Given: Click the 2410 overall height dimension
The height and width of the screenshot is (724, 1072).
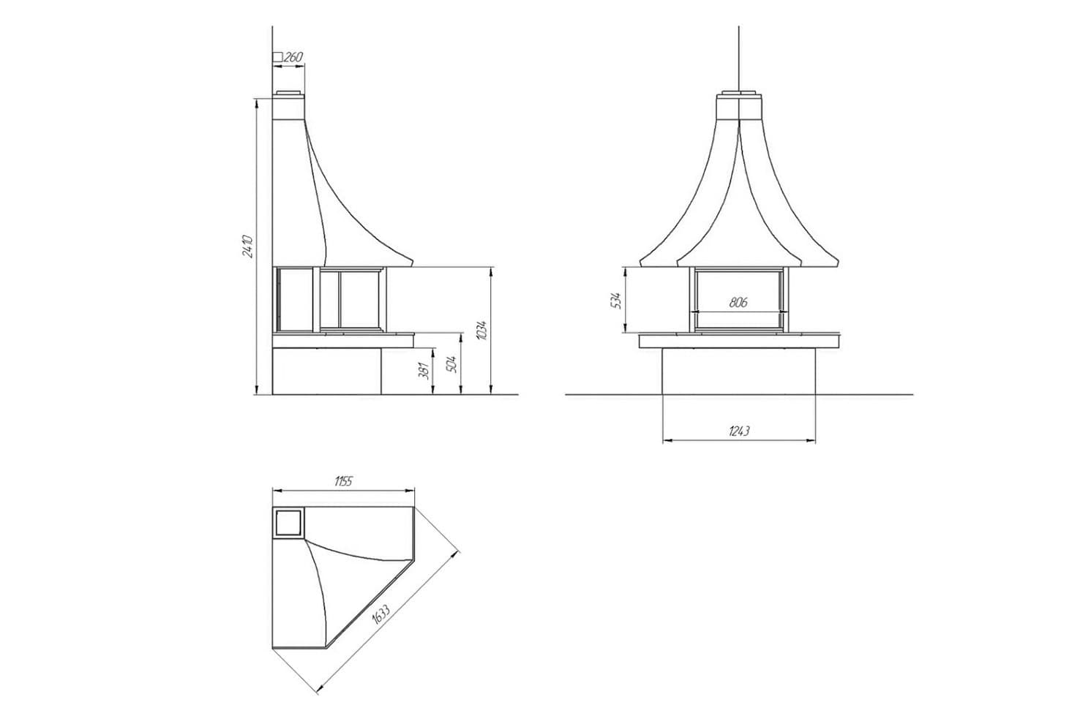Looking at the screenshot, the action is pyautogui.click(x=247, y=246).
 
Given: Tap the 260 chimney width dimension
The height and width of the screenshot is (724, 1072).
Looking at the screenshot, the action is pyautogui.click(x=293, y=57).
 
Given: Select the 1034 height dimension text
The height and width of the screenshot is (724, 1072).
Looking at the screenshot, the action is pyautogui.click(x=482, y=330).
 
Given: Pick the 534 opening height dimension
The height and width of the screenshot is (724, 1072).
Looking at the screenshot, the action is pyautogui.click(x=618, y=301).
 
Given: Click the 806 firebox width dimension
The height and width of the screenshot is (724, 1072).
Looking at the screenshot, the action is pyautogui.click(x=738, y=302).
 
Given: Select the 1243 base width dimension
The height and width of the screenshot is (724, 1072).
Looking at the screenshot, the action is pyautogui.click(x=739, y=431).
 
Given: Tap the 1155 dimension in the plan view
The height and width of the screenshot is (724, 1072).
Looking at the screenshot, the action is pyautogui.click(x=343, y=480).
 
